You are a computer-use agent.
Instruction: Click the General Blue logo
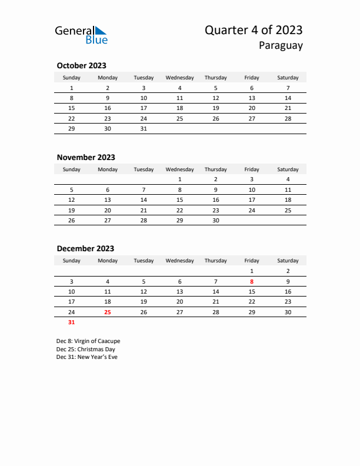click(81, 35)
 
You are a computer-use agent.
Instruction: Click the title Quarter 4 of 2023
click(254, 31)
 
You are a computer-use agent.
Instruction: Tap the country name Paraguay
click(281, 46)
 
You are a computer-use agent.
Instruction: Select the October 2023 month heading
click(81, 66)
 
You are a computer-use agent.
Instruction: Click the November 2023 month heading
click(86, 157)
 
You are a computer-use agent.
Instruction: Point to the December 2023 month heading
click(85, 248)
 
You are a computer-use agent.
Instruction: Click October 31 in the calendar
click(144, 128)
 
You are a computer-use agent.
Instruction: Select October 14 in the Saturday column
click(288, 98)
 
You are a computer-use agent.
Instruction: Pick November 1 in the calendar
click(179, 179)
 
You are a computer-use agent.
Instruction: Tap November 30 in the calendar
click(215, 219)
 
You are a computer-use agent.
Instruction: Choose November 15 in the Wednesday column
click(179, 199)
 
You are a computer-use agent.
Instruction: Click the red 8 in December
click(252, 281)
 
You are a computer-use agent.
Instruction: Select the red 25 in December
click(107, 312)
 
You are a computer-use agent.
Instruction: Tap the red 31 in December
click(72, 322)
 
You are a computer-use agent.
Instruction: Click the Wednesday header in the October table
click(179, 78)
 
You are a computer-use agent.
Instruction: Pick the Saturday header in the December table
click(288, 261)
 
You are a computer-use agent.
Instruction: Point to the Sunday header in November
click(72, 169)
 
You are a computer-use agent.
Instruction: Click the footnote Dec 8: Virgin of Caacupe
click(88, 341)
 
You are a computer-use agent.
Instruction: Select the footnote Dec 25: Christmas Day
click(86, 349)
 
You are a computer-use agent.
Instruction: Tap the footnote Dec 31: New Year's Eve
click(87, 357)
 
